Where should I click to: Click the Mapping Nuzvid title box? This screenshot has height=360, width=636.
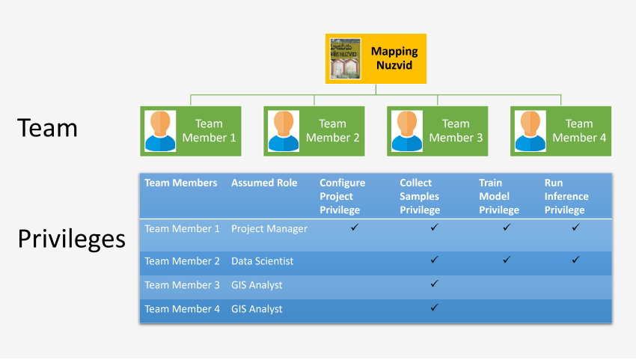tap(394, 58)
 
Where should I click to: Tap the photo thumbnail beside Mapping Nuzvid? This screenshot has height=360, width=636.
tap(346, 58)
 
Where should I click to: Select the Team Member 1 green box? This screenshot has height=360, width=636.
tap(191, 131)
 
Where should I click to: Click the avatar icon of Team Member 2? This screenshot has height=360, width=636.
tap(284, 131)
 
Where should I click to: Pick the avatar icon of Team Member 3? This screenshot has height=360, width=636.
tap(407, 131)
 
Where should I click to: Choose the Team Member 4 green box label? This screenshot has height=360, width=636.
tap(579, 131)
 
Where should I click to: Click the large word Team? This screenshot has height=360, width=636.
tap(48, 128)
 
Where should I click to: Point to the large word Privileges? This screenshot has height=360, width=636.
tap(71, 238)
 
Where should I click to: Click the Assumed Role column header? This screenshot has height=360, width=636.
tap(264, 183)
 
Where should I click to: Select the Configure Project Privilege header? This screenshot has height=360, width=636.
tap(343, 196)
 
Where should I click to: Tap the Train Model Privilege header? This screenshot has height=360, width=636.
tap(499, 196)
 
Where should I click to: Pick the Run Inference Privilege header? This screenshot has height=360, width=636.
tap(566, 196)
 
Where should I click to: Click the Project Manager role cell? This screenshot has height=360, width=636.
tap(269, 228)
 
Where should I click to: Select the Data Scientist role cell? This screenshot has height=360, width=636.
tap(263, 261)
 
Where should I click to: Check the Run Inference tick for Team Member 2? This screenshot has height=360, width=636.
tap(575, 260)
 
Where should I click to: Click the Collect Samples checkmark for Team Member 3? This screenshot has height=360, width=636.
tap(434, 284)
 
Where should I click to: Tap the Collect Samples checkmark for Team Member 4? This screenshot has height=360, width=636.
tap(434, 308)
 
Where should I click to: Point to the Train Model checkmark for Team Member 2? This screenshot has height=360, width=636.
tap(507, 260)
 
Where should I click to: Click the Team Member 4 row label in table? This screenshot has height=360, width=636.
tap(182, 309)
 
